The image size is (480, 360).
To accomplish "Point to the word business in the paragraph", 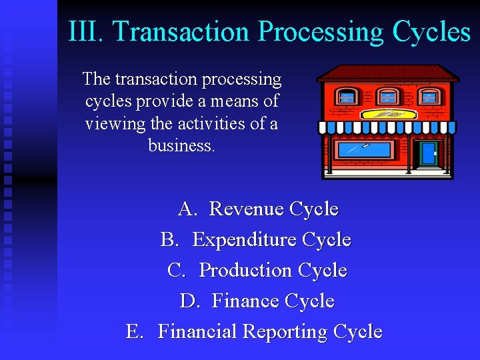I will [181, 145].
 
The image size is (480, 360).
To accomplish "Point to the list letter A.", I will [187, 209].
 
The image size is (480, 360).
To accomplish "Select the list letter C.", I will [176, 270].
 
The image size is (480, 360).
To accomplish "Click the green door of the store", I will [427, 153].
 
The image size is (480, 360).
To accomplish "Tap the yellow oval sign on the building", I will [388, 114].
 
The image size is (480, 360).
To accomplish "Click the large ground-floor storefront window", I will [365, 149].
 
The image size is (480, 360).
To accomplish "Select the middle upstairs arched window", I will [388, 96].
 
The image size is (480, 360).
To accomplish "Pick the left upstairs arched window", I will [347, 96].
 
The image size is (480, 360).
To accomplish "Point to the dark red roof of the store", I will [387, 72].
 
